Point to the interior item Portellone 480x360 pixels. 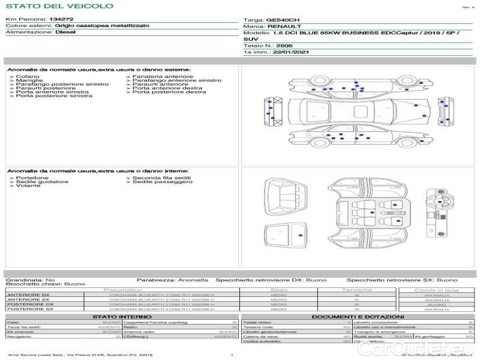(x=32, y=178)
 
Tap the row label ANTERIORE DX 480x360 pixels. (x=28, y=295)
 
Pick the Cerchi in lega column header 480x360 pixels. (x=436, y=290)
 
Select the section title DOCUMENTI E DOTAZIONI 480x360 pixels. (x=358, y=316)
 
